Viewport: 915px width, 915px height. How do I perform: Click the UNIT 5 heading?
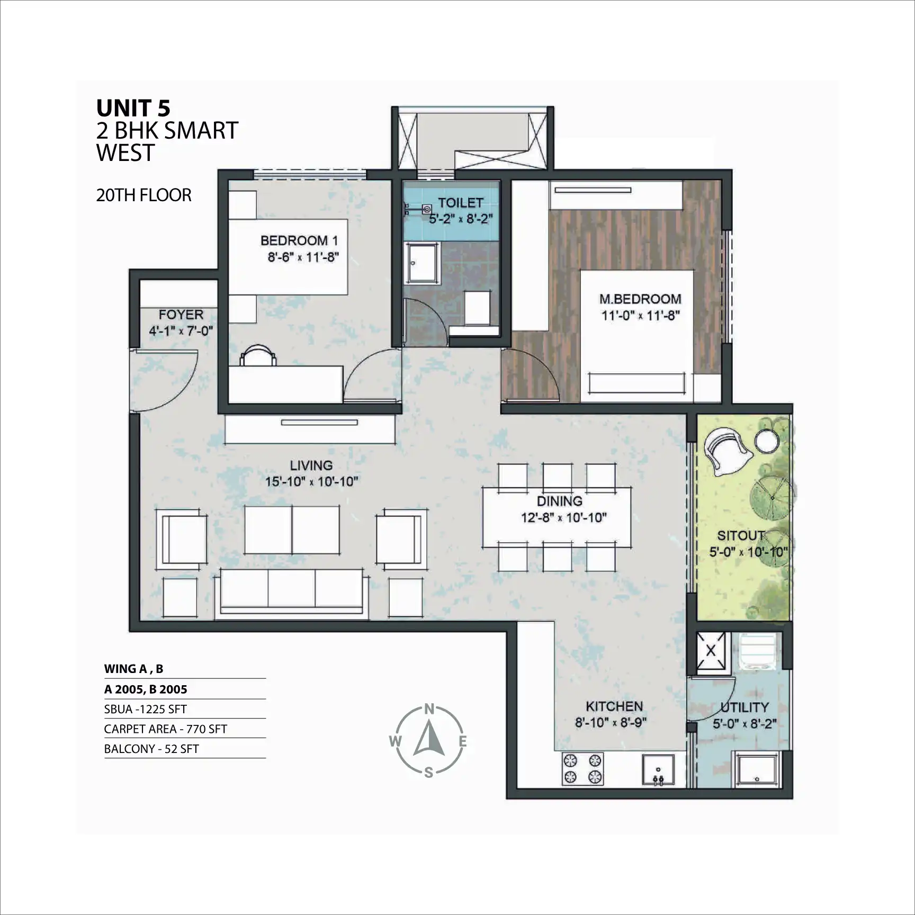pos(133,108)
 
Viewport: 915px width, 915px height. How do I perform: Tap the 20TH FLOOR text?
pos(143,195)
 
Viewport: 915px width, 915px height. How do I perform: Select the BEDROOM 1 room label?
pos(299,240)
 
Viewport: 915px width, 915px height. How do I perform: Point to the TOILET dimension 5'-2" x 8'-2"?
pos(461,219)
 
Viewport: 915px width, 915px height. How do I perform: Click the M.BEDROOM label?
pos(640,299)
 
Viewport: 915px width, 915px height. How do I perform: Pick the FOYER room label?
pos(181,315)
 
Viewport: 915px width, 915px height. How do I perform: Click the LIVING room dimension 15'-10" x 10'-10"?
pos(312,482)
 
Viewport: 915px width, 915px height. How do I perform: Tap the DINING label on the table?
pos(560,501)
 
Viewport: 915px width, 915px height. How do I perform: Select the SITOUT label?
pos(741,535)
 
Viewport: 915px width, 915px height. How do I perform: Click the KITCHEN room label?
pos(614,706)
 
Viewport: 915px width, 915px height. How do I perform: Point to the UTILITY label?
pos(744,707)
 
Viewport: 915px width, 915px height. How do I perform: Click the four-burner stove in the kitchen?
pos(582,769)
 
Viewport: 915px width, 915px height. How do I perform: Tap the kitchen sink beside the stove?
pos(658,770)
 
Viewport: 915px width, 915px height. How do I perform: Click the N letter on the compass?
pos(429,709)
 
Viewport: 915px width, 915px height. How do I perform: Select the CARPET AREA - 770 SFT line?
pos(166,729)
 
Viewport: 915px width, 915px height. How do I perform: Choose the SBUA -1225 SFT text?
pos(146,709)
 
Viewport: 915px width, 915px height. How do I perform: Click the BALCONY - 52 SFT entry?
pos(151,749)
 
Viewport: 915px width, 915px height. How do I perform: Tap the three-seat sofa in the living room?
pos(291,593)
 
